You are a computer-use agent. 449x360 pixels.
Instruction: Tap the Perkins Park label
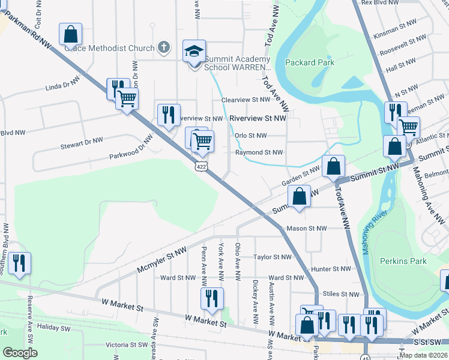(x=403, y=261)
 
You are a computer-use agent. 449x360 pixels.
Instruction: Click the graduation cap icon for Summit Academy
(x=194, y=52)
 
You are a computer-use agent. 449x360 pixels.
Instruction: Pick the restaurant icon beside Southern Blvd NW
(x=19, y=263)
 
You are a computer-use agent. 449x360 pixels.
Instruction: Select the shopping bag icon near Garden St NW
(x=333, y=166)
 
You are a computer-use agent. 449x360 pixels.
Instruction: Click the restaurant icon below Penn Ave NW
(x=211, y=299)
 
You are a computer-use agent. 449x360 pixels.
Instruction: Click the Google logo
(x=20, y=353)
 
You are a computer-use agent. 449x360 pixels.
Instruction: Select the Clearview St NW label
(x=246, y=100)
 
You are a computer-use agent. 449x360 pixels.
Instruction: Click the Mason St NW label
(x=306, y=229)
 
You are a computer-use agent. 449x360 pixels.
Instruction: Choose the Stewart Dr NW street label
(x=82, y=143)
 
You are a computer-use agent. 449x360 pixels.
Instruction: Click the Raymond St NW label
(x=258, y=153)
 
